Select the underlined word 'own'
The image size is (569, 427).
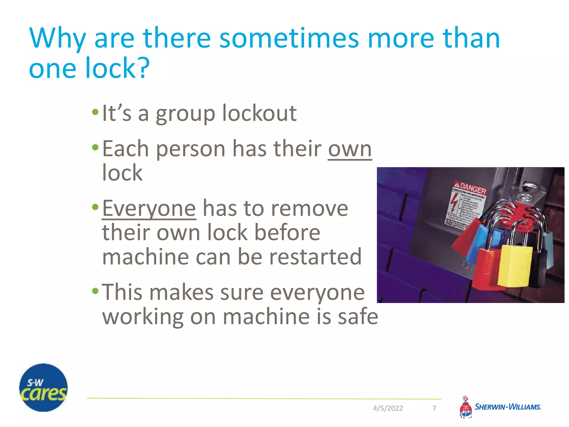coord(350,149)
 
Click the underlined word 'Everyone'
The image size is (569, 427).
coord(149,208)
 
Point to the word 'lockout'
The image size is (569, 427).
coord(259,113)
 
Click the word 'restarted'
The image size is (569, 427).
coord(316,257)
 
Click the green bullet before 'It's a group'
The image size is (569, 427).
coord(95,112)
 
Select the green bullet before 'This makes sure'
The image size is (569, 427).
coord(95,291)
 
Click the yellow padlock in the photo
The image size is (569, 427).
coord(515,265)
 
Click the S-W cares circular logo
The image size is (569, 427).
coord(43,388)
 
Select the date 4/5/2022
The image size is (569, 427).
coord(388,408)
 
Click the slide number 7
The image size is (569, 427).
coord(434,408)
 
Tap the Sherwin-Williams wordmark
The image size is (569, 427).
coord(508,407)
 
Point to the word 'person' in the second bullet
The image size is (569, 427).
coord(191,149)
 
